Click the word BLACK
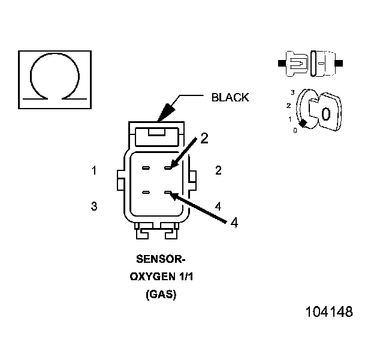tap(230, 97)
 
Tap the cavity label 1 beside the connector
tap(94, 171)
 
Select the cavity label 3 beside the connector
tap(94, 206)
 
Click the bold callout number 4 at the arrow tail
tap(234, 222)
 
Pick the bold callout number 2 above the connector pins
tap(204, 138)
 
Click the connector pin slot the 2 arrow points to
tap(170, 167)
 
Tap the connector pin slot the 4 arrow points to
tap(170, 193)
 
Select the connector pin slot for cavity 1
tap(146, 167)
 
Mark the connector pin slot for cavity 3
tap(146, 193)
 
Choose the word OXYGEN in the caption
tap(152, 277)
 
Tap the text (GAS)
tap(161, 295)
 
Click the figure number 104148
tap(329, 313)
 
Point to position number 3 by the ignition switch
tap(292, 92)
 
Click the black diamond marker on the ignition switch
tap(304, 123)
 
